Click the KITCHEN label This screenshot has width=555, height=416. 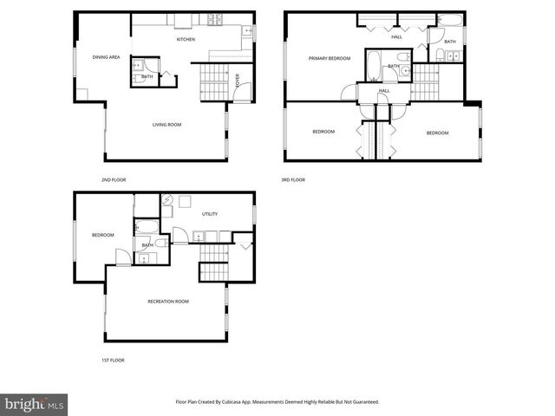click(x=186, y=40)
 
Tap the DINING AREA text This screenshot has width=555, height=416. click(x=107, y=57)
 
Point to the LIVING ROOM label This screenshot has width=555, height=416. click(x=166, y=125)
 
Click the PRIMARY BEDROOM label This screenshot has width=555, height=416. click(x=330, y=58)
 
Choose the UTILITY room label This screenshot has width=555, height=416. click(x=210, y=213)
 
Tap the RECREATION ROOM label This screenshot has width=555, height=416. click(x=168, y=302)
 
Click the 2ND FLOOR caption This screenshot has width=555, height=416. click(x=114, y=179)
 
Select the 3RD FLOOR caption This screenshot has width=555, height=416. click(x=292, y=179)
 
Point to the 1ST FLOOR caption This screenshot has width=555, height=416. click(x=113, y=360)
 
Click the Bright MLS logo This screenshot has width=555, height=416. click(x=34, y=405)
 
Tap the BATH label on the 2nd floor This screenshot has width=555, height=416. click(x=147, y=77)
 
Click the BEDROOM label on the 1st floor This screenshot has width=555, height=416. click(x=104, y=235)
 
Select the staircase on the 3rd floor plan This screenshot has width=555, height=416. click(x=424, y=85)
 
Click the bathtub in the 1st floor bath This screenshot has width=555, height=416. click(x=146, y=227)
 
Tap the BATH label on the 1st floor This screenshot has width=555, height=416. click(x=147, y=245)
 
